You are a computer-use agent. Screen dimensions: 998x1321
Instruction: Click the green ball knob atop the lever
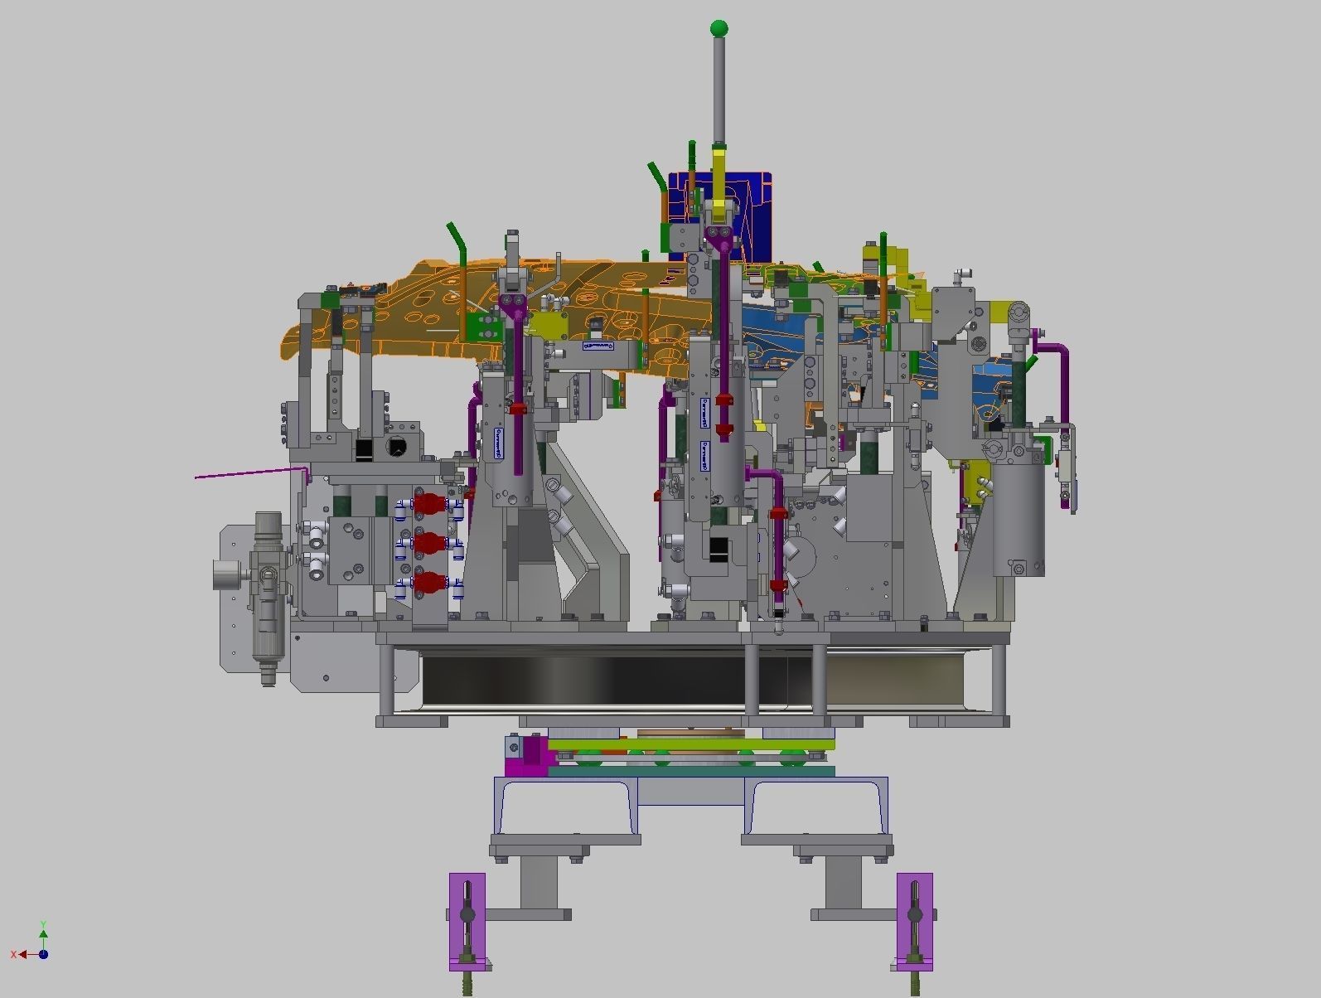719,29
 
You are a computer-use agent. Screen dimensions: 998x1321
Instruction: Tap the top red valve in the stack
429,503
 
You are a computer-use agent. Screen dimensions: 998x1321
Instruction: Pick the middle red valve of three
429,543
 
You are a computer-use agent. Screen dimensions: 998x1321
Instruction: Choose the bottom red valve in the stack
429,582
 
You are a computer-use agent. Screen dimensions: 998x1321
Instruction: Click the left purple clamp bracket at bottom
467,920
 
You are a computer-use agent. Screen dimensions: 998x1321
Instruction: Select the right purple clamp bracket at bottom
914,920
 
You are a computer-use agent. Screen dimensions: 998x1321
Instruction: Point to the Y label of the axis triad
43,924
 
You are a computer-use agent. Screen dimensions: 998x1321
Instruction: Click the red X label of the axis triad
15,955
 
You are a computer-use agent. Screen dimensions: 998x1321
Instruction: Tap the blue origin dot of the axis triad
43,954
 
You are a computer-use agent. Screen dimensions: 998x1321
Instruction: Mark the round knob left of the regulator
225,574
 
